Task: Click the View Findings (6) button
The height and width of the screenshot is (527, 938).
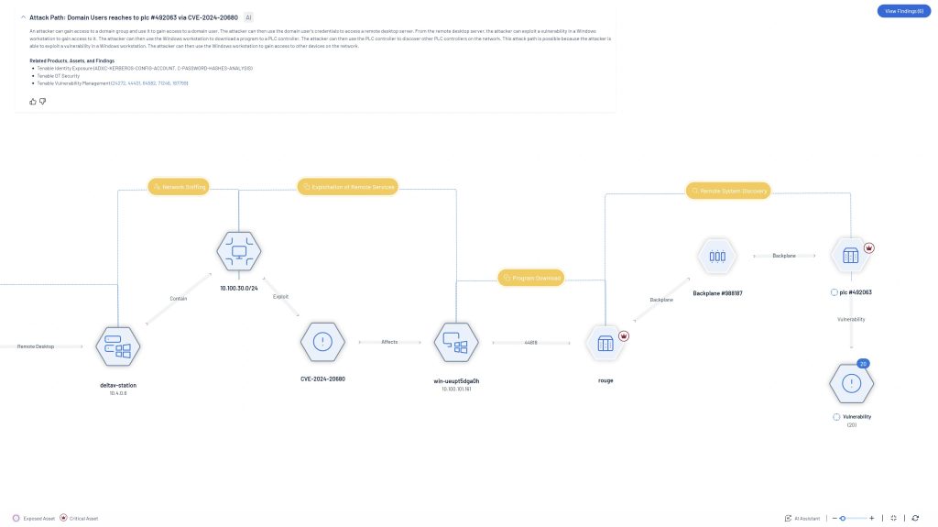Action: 903,11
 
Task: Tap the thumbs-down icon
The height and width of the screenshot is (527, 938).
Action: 42,101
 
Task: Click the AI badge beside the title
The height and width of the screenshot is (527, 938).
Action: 249,17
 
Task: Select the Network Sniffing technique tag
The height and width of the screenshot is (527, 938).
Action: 179,187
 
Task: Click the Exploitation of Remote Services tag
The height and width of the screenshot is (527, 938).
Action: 348,187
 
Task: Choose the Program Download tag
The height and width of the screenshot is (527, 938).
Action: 530,277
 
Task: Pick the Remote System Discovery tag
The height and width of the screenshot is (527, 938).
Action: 729,191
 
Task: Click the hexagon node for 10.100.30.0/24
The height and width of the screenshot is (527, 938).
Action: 239,253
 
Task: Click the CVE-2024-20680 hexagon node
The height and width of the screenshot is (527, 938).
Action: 322,342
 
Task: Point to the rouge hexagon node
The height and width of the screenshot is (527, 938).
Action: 605,343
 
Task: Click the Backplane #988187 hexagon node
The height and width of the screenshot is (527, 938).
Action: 717,257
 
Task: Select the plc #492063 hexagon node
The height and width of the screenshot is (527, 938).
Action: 850,257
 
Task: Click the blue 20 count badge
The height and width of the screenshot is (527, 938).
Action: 863,364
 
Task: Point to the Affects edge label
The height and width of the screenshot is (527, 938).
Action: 389,342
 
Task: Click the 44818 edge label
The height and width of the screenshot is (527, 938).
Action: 530,342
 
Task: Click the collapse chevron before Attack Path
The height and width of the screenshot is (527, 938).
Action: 23,17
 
